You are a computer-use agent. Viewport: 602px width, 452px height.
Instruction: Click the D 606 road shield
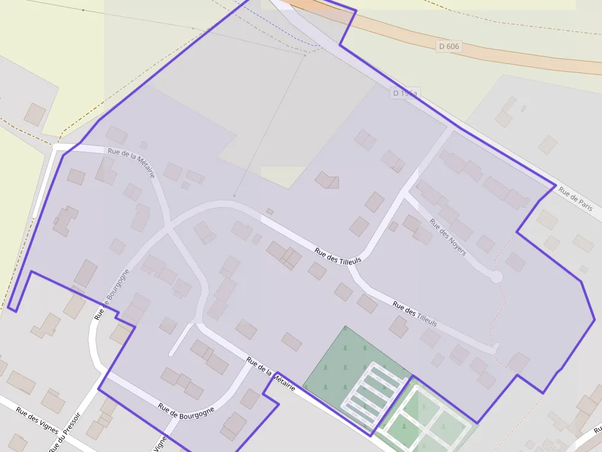point(449,46)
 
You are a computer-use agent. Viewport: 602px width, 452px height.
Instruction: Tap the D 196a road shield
point(405,93)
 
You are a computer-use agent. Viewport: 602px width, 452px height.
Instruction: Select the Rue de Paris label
point(576,199)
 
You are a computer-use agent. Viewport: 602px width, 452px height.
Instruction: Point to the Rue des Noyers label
point(448,237)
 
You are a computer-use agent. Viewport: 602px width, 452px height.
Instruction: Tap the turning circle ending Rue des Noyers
point(496,277)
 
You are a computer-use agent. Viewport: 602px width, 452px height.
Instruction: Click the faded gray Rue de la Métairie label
point(131,163)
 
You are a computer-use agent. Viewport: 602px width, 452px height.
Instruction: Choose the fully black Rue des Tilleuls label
point(338,256)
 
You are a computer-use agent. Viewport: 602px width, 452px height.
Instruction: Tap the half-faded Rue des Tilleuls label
point(415,313)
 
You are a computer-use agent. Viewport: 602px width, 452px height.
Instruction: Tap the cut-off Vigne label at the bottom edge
point(161,444)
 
